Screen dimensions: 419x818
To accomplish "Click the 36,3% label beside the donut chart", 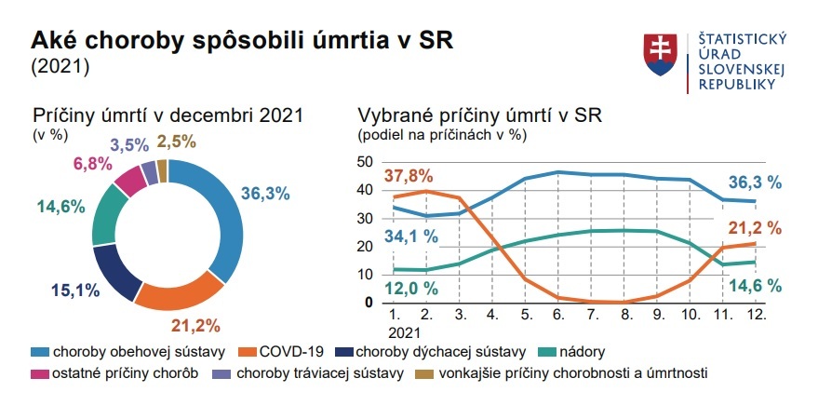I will coord(265,194).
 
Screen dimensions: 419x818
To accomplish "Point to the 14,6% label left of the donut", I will coord(61,208).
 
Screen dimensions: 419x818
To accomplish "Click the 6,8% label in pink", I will coord(91,164).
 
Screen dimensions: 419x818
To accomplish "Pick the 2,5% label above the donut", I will coord(178,142).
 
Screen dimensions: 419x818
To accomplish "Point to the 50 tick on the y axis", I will coord(365,162).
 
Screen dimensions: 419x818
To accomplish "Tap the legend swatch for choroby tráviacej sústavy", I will coord(221,374).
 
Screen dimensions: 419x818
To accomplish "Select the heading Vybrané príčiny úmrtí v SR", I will coord(480,115).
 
